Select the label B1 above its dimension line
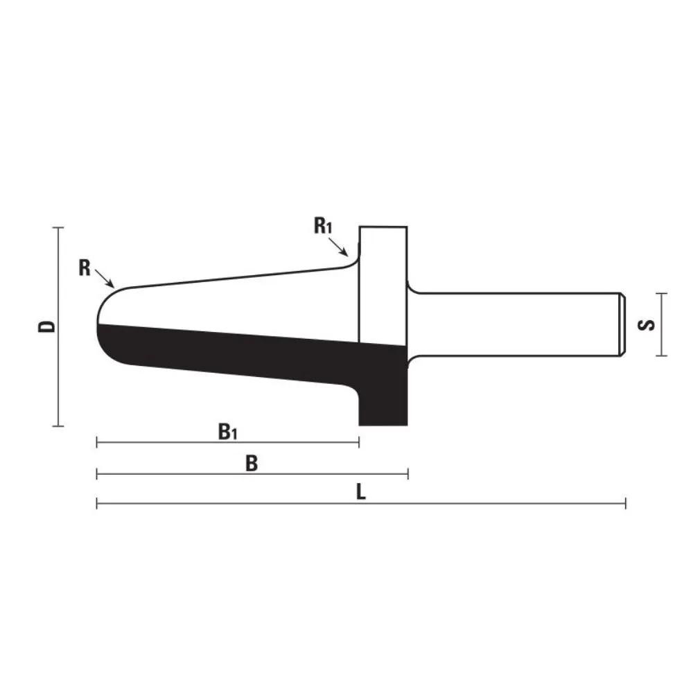pyautogui.click(x=228, y=432)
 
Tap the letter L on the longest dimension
pyautogui.click(x=360, y=492)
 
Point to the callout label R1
pyautogui.click(x=324, y=226)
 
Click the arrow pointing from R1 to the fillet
pyautogui.click(x=340, y=247)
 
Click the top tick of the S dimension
pyautogui.click(x=663, y=293)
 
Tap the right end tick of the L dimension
pyautogui.click(x=626, y=504)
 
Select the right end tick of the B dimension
pyautogui.click(x=408, y=473)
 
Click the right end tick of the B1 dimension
pyautogui.click(x=358, y=442)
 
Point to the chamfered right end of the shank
pyautogui.click(x=622, y=324)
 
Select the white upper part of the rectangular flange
pyautogui.click(x=383, y=277)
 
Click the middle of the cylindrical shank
pyautogui.click(x=516, y=324)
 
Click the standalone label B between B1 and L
pyautogui.click(x=252, y=464)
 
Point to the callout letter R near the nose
pyautogui.click(x=85, y=268)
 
